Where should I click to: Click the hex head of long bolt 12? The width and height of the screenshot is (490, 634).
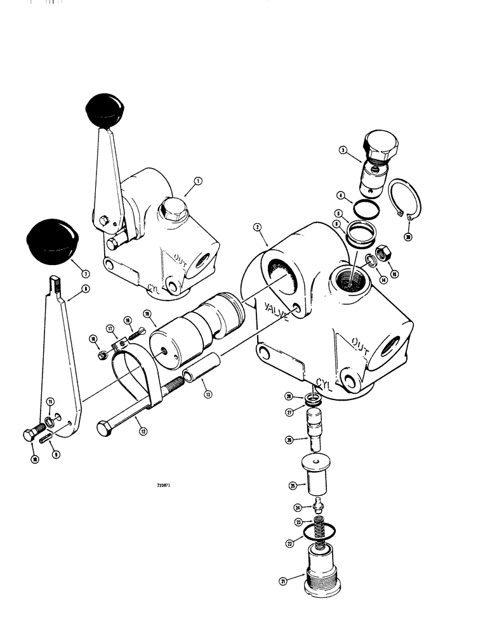pyautogui.click(x=105, y=427)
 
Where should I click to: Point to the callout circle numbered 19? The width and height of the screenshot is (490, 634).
pyautogui.click(x=147, y=314)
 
